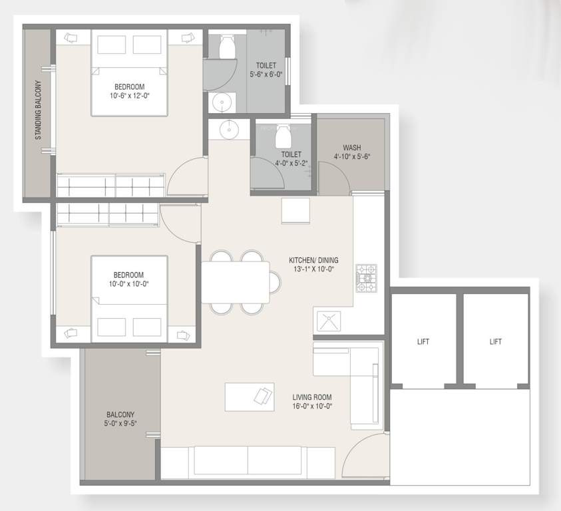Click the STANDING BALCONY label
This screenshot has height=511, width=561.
point(39,111)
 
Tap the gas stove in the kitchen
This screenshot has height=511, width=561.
point(366,278)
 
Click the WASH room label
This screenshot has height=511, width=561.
point(352,148)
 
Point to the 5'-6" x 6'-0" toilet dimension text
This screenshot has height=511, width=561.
point(266,75)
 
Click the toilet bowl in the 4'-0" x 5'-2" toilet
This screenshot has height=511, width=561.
point(283,136)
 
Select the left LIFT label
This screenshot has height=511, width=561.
point(423,341)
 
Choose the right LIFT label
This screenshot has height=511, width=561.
point(495,341)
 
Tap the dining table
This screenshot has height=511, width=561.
point(236,282)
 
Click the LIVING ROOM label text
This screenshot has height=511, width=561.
point(312,397)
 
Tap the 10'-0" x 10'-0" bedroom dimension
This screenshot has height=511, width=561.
point(129,283)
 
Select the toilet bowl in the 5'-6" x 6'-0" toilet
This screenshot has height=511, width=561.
point(225,47)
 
